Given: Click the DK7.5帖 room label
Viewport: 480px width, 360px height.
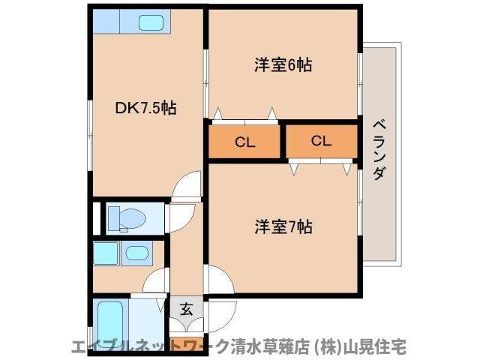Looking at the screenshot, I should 145,108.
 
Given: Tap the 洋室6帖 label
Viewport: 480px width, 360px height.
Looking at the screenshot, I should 282,65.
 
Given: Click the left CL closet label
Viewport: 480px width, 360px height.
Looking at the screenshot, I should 244,142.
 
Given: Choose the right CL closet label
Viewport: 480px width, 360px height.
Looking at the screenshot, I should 321,141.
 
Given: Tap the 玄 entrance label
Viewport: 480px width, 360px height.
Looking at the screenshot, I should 185,307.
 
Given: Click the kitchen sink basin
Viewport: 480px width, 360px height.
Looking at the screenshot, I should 154,23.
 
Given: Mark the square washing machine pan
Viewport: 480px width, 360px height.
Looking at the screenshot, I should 105,253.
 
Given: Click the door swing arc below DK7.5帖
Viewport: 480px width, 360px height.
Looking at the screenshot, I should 186,186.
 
